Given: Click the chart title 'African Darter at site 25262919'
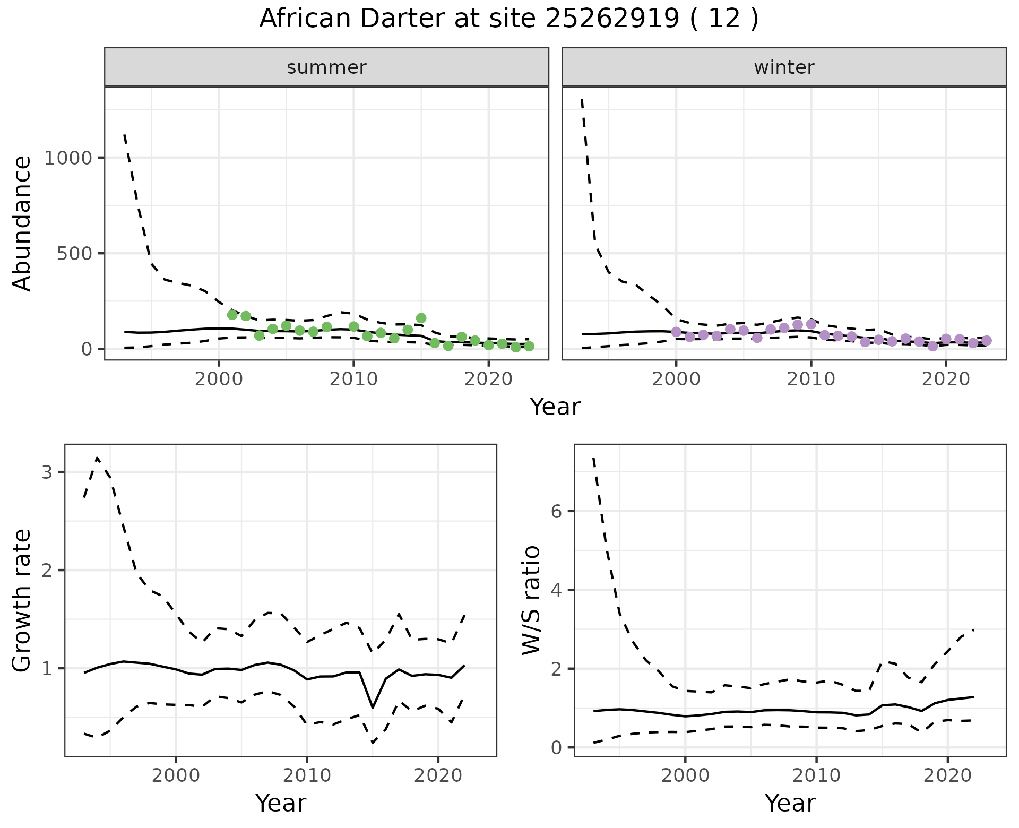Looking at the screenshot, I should [508, 19].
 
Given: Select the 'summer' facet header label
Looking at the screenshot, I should [326, 67].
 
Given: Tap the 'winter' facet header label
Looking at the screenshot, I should [784, 67].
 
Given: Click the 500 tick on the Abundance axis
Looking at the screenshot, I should [74, 254].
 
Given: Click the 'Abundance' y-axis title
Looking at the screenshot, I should [22, 223].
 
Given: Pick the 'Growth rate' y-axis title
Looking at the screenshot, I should [22, 600].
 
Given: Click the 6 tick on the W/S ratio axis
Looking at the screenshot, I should [556, 511].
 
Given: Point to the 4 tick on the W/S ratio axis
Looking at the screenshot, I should [556, 590].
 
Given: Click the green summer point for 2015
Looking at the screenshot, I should [421, 318].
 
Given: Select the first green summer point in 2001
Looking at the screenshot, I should [232, 315].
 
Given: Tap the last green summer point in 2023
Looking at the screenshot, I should [529, 346].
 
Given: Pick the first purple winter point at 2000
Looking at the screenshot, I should [676, 332].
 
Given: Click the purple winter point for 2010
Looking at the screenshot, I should [811, 324].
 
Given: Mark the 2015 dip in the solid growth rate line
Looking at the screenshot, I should [373, 708].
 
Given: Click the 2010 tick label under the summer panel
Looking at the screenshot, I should [353, 379].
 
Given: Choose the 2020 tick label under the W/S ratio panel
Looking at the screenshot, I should [948, 775].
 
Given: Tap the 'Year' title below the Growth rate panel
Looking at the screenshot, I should [281, 803].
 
